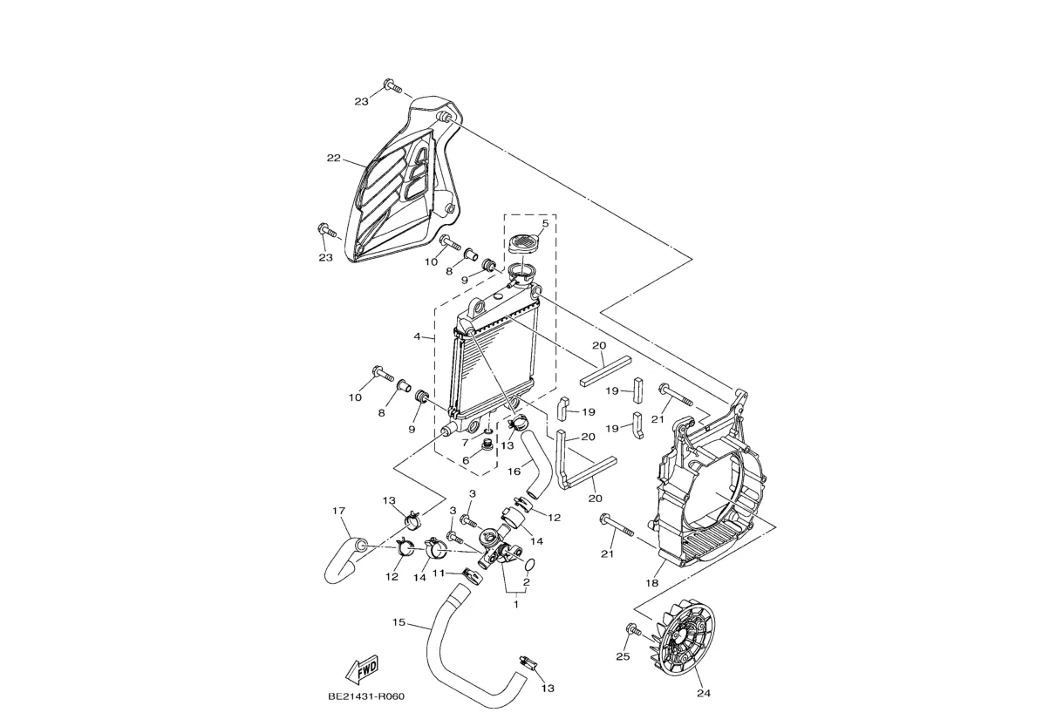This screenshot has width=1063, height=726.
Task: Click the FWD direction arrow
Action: (x=362, y=668)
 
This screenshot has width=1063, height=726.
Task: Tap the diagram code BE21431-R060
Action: (x=365, y=696)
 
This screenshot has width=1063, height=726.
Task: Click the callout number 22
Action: (x=333, y=159)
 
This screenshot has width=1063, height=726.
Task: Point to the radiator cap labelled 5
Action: (x=524, y=241)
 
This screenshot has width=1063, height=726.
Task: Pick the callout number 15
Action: (x=398, y=622)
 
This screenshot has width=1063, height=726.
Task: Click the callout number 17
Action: (x=339, y=511)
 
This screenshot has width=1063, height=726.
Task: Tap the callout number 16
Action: (x=514, y=471)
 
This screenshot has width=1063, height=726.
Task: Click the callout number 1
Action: (x=515, y=603)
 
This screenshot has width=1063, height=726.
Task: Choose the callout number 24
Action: (x=704, y=694)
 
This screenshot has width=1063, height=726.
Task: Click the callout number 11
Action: (x=440, y=573)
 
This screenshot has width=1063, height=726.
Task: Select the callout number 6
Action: (x=467, y=460)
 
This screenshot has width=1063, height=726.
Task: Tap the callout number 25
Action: (x=623, y=656)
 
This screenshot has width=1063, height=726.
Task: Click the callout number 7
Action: (x=466, y=443)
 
